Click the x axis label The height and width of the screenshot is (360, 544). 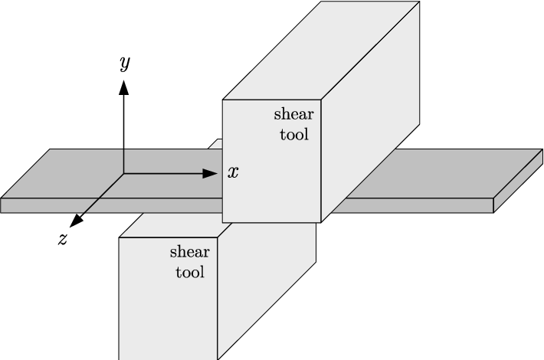point(233,172)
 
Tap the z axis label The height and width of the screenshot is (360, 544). point(63,238)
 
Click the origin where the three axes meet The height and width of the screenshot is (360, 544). point(124,174)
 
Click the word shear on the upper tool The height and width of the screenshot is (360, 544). point(293,115)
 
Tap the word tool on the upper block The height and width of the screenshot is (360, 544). point(294,135)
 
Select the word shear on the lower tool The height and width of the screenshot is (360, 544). point(188,251)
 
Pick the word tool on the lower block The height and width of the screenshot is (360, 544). point(190,271)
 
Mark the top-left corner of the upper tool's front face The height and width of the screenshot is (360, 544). point(223,100)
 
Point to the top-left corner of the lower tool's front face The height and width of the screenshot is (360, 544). point(119,237)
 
